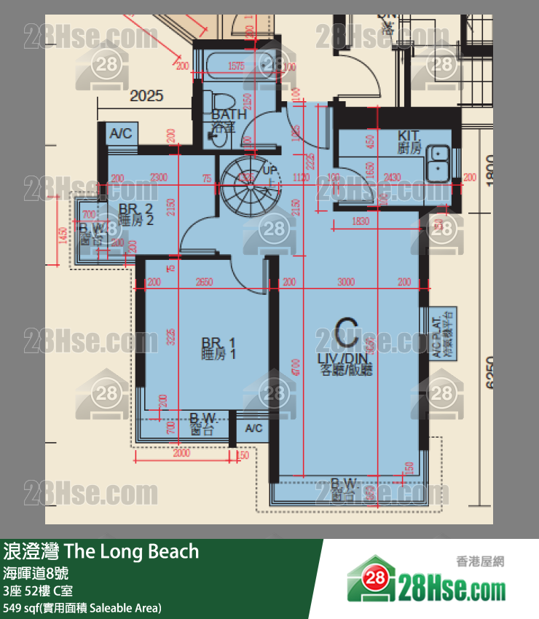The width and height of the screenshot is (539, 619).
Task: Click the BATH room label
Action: coord(229,115)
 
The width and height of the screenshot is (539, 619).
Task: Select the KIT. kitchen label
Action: coord(410,135)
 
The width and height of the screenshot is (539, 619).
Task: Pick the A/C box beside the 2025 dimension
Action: coord(121,133)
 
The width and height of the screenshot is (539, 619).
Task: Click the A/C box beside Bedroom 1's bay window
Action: coord(253,428)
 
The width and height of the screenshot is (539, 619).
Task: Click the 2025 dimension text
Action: coord(146,95)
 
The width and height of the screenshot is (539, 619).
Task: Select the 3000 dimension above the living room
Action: coord(347,282)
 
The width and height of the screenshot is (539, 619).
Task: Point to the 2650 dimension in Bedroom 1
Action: coord(205,282)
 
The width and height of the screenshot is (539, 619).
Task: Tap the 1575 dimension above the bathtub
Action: coord(236,66)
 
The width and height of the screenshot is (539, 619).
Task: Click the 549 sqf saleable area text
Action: coord(82,607)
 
